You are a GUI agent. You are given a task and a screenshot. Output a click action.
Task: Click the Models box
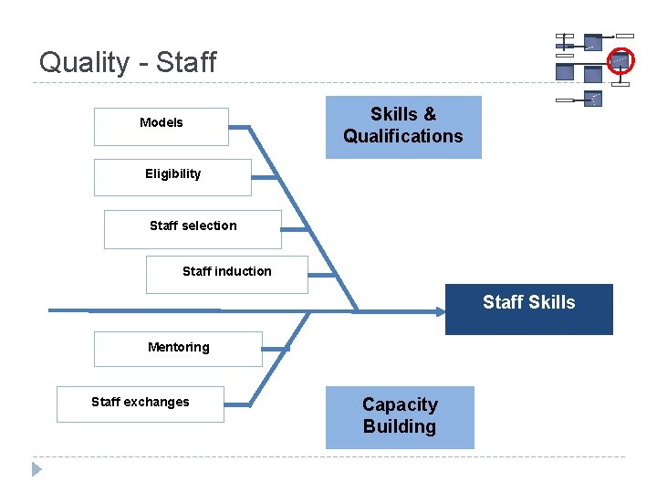point(161,127)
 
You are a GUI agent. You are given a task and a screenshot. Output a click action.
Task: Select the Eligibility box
point(172,177)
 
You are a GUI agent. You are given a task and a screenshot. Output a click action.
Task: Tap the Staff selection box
point(193,229)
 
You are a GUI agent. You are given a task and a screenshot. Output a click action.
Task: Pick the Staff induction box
point(226,274)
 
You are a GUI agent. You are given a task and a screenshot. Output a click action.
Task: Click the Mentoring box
point(178,349)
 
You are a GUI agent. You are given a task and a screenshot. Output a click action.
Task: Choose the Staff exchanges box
point(140,404)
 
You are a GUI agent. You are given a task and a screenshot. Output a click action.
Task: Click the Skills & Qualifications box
point(403,127)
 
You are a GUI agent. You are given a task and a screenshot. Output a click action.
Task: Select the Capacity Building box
point(400,417)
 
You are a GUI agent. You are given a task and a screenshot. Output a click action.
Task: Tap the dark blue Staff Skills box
point(529,309)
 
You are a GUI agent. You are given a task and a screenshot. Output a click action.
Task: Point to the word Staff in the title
point(186,62)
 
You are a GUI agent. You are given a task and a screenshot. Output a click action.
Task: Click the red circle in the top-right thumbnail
point(621,59)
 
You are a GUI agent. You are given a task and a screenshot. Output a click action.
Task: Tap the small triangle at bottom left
point(36,469)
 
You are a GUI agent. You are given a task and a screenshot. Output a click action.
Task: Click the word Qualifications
point(403,137)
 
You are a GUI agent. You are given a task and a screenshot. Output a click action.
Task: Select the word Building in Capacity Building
point(400,427)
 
